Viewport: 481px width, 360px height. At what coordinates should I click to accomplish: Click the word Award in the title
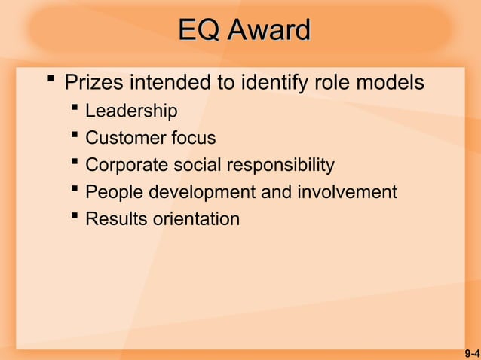(x=268, y=30)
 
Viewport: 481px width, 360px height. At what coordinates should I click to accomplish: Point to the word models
(x=389, y=82)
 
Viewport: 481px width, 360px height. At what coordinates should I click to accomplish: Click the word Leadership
(x=131, y=111)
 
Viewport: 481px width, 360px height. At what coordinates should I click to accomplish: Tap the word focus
(x=193, y=139)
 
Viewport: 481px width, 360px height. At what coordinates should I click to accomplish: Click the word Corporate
(x=127, y=165)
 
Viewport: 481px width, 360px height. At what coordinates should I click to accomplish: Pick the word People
(x=115, y=192)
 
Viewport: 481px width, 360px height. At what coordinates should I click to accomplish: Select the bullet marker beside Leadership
(x=75, y=110)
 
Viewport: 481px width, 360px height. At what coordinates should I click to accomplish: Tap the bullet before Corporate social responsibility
(x=75, y=163)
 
